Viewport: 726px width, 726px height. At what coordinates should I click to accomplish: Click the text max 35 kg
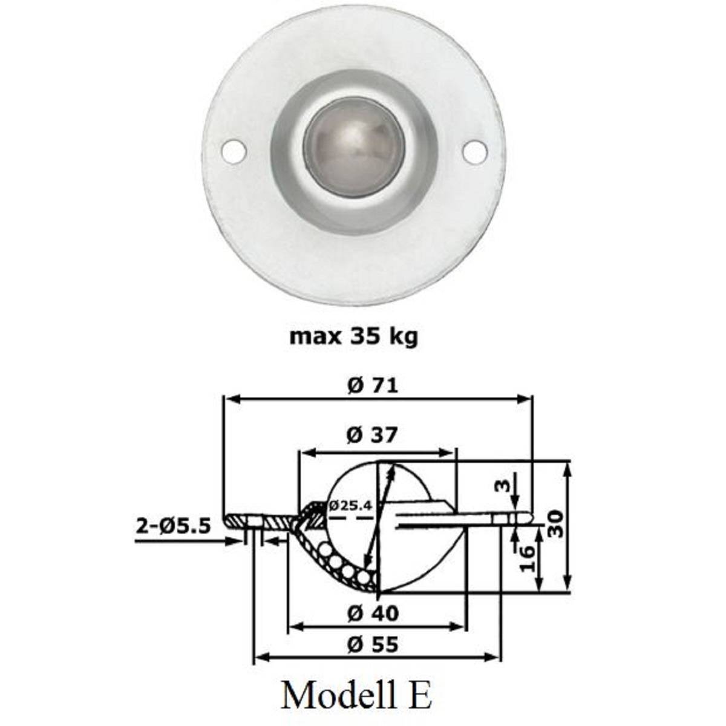click(353, 336)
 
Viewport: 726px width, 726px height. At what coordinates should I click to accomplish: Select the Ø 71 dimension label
click(373, 385)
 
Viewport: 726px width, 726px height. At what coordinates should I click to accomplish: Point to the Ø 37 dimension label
click(373, 434)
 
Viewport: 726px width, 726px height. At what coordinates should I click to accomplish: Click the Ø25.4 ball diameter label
click(350, 505)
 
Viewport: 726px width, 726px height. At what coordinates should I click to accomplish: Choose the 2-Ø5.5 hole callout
click(173, 526)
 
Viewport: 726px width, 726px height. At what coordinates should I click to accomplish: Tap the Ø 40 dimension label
click(373, 613)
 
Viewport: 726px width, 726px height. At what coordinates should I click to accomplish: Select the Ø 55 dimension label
click(373, 645)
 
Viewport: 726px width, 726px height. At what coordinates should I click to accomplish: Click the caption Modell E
click(356, 696)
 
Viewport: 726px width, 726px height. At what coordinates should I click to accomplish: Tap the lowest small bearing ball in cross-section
click(364, 578)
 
